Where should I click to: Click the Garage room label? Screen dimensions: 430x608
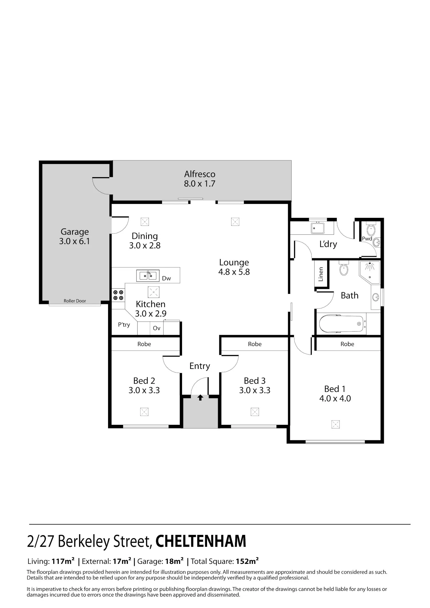pyautogui.click(x=75, y=232)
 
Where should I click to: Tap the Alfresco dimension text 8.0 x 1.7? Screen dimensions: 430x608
pyautogui.click(x=200, y=183)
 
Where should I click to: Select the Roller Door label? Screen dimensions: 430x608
pyautogui.click(x=75, y=301)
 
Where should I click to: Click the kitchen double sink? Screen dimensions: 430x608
pyautogui.click(x=148, y=276)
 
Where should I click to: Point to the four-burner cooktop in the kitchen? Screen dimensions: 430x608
pyautogui.click(x=118, y=295)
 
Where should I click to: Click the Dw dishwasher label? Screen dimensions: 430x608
pyautogui.click(x=166, y=278)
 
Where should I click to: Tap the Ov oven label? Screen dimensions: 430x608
pyautogui.click(x=157, y=328)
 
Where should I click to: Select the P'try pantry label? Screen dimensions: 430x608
pyautogui.click(x=124, y=324)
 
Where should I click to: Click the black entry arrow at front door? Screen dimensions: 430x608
pyautogui.click(x=200, y=398)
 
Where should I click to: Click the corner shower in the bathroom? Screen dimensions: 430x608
pyautogui.click(x=369, y=272)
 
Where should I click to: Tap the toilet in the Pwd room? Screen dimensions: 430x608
pyautogui.click(x=371, y=229)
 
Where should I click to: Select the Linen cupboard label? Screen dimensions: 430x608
pyautogui.click(x=321, y=274)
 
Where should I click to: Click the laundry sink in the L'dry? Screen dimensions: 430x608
pyautogui.click(x=318, y=228)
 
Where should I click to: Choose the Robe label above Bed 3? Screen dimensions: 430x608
pyautogui.click(x=255, y=344)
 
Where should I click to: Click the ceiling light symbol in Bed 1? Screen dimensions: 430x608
pyautogui.click(x=335, y=424)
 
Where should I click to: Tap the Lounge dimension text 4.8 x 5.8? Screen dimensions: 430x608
pyautogui.click(x=234, y=272)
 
